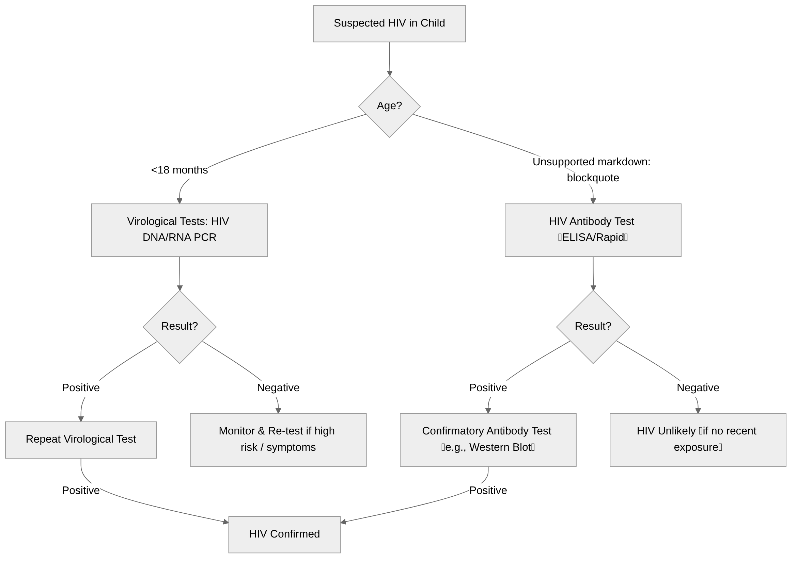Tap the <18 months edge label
point(179,170)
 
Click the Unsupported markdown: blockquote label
point(592,169)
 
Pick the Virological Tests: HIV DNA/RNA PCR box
point(179,230)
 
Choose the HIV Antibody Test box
point(593,230)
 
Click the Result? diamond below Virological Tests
point(179,327)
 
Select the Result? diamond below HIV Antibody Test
point(593,327)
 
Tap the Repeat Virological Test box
point(81,440)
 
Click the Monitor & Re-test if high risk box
point(278,440)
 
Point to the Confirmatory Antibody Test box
point(488,440)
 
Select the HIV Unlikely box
point(698,440)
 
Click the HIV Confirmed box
point(284,534)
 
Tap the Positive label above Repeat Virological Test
point(81,387)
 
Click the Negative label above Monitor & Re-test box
point(278,387)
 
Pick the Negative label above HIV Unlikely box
point(698,387)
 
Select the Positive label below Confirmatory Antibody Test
point(488,491)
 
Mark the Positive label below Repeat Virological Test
point(81,491)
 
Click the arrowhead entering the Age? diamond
point(390,73)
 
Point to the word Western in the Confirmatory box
point(489,447)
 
